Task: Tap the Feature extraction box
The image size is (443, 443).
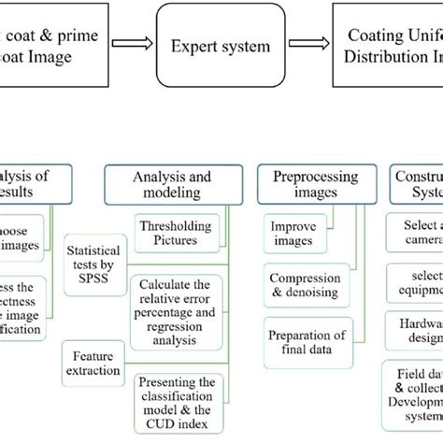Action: point(93,362)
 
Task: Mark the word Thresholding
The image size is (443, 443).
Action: point(174,225)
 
